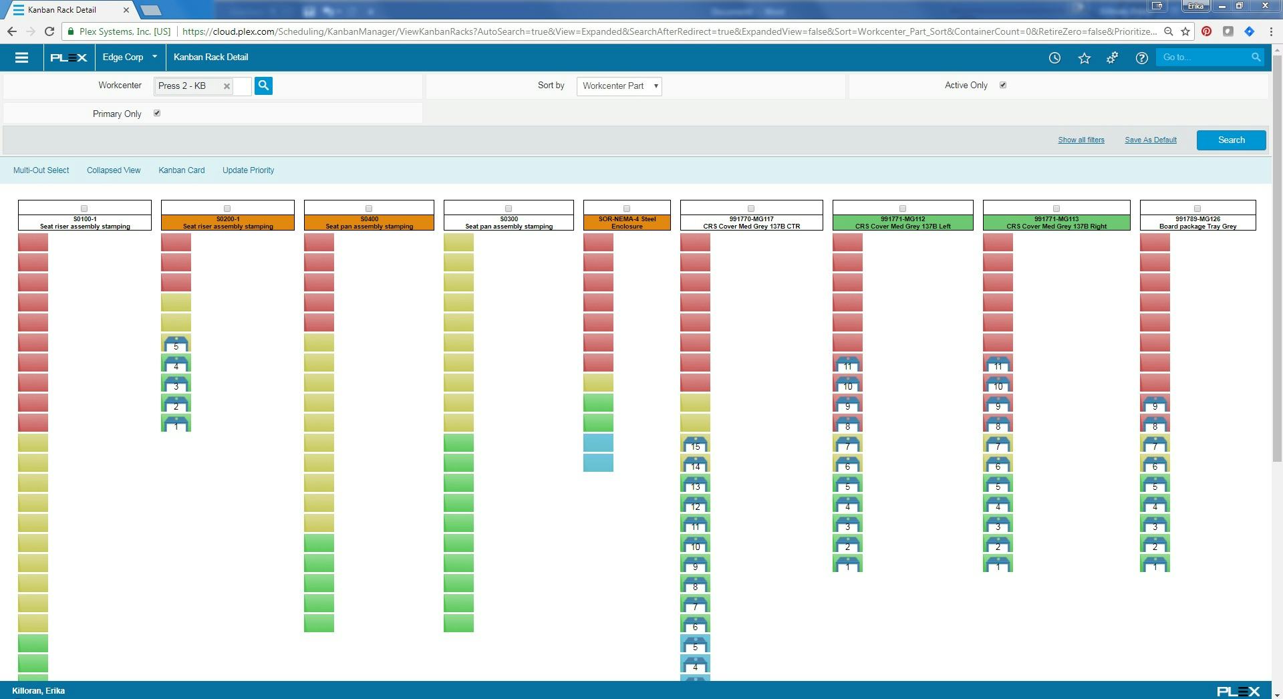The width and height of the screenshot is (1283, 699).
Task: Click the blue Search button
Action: point(1231,140)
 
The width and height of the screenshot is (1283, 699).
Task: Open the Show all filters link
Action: point(1081,140)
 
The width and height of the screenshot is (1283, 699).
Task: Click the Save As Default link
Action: point(1150,140)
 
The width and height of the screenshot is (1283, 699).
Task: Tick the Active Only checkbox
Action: point(1002,86)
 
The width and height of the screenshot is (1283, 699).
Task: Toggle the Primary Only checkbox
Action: point(157,114)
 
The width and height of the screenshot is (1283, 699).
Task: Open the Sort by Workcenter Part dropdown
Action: point(619,86)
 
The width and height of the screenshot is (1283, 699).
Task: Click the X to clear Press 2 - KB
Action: point(227,86)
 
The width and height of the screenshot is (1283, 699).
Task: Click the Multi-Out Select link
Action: point(41,170)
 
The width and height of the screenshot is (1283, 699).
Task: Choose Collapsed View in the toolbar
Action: point(114,170)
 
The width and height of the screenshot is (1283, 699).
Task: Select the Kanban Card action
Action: point(181,170)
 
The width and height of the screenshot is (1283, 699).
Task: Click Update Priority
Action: point(248,170)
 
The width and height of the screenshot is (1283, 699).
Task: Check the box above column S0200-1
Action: point(227,208)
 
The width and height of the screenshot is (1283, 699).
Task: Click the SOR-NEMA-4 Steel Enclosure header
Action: point(626,223)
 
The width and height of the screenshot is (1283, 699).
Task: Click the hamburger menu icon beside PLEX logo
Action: point(21,57)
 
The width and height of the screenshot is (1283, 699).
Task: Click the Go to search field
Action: point(1205,57)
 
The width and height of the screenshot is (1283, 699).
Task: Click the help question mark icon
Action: point(1141,58)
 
